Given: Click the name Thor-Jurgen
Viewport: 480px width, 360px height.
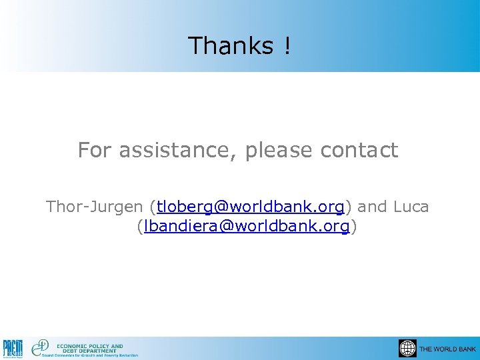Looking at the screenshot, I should tap(96, 207).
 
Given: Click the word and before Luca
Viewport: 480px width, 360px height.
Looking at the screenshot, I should tap(373, 207).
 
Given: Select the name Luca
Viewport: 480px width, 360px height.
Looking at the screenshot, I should tap(411, 207).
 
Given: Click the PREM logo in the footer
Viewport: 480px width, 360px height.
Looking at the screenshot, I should tap(13, 348).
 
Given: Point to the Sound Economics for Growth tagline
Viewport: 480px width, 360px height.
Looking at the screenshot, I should tap(90, 355).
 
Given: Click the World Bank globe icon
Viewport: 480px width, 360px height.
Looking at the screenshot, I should tap(407, 349).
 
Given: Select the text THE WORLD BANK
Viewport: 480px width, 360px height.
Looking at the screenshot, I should tap(447, 349).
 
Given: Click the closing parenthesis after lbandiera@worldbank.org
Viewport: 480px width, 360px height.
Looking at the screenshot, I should tap(354, 227).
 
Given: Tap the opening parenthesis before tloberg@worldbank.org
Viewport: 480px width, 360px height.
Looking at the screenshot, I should tap(153, 207).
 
